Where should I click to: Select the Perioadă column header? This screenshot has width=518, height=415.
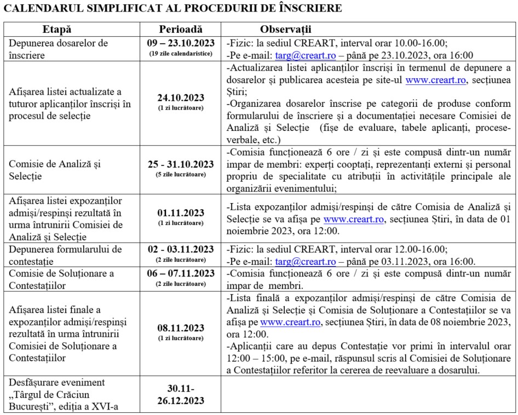click(181, 30)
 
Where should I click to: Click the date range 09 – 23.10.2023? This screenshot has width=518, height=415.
click(181, 44)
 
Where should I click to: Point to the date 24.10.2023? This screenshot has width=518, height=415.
click(181, 99)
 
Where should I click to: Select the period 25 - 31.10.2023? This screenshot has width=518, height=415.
click(181, 164)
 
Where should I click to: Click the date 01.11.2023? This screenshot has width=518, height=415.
click(181, 213)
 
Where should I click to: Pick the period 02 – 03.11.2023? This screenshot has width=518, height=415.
click(181, 250)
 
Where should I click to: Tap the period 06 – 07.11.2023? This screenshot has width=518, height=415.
click(181, 274)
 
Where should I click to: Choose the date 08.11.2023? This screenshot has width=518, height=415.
click(181, 328)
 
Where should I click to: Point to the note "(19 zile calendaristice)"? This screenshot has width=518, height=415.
click(181, 54)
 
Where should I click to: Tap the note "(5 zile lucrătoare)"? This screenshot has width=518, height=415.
click(181, 174)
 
